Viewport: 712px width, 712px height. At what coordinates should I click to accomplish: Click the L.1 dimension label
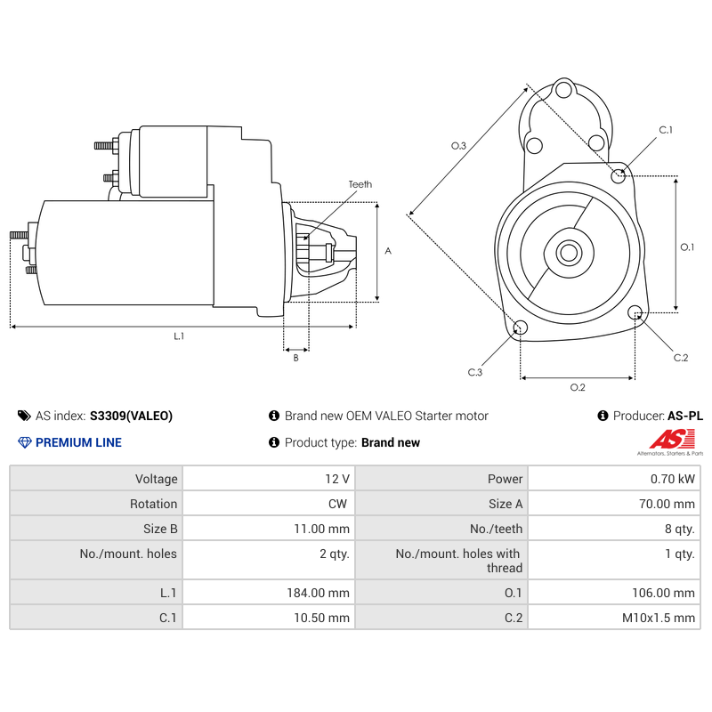click(x=179, y=336)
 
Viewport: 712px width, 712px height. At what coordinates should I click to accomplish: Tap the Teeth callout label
click(x=360, y=184)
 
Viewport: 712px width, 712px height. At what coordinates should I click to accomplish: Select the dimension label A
click(x=388, y=251)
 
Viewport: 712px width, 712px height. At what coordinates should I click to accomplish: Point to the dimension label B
click(x=295, y=358)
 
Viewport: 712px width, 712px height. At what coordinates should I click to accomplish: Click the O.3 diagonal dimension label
click(x=458, y=145)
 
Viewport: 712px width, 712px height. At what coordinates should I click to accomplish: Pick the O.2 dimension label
click(x=577, y=387)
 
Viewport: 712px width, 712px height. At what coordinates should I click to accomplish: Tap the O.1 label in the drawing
click(x=687, y=247)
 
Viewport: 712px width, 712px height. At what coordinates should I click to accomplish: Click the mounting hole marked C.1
click(x=619, y=175)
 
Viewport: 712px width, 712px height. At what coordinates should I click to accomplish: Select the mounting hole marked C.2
click(x=635, y=312)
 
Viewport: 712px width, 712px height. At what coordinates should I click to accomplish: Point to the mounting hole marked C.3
click(x=521, y=328)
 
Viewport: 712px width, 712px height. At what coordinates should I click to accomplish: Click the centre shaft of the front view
click(x=568, y=253)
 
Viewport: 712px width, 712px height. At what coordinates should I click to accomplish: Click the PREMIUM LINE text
click(x=78, y=442)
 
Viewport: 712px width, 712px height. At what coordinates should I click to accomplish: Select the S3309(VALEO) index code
click(x=131, y=416)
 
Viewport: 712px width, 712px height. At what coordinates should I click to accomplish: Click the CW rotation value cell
click(x=337, y=504)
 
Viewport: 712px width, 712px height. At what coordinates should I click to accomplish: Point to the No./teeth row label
click(x=496, y=529)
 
